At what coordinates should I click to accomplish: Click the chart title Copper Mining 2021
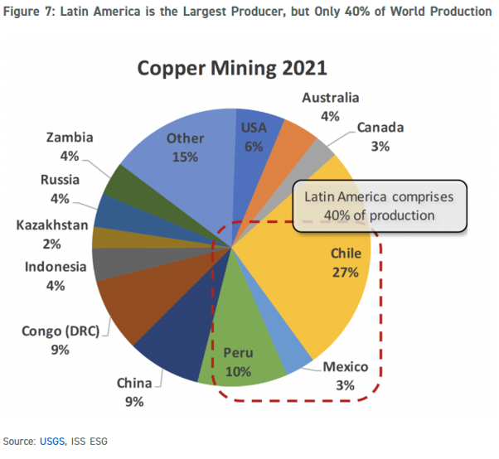(232, 68)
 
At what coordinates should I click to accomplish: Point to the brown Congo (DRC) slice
(133, 307)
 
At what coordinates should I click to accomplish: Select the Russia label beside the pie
(60, 180)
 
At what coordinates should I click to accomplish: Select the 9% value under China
(134, 402)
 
